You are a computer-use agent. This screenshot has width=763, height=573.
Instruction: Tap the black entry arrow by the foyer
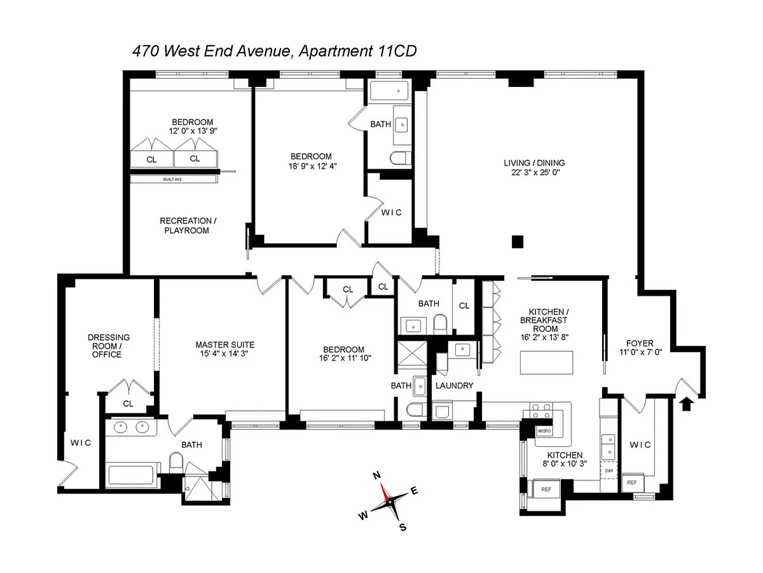(x=686, y=405)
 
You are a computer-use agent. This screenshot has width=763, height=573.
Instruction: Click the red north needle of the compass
(x=385, y=492)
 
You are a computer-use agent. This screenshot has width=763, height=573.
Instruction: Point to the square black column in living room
(x=517, y=241)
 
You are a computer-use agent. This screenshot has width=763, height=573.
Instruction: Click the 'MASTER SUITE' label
(x=225, y=345)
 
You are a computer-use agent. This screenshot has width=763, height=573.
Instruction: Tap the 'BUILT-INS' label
(x=172, y=180)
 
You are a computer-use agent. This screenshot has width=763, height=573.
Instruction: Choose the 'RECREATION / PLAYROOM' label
(x=188, y=226)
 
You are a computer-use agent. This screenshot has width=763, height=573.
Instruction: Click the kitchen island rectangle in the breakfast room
(x=546, y=363)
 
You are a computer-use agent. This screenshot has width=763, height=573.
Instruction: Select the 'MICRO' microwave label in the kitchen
(x=544, y=431)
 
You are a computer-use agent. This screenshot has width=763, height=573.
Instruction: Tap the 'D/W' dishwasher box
(x=608, y=471)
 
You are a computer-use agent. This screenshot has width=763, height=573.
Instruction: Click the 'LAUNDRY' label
(x=455, y=386)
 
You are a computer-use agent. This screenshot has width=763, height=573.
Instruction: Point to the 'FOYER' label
(x=640, y=344)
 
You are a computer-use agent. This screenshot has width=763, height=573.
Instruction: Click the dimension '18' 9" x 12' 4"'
(x=312, y=166)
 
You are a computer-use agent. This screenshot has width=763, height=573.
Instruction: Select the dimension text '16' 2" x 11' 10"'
(x=345, y=358)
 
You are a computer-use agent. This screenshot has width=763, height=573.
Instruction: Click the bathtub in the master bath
(x=131, y=475)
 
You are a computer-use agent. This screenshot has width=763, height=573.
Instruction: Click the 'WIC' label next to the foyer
(x=640, y=445)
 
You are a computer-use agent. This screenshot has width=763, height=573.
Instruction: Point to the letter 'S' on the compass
(x=402, y=527)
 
